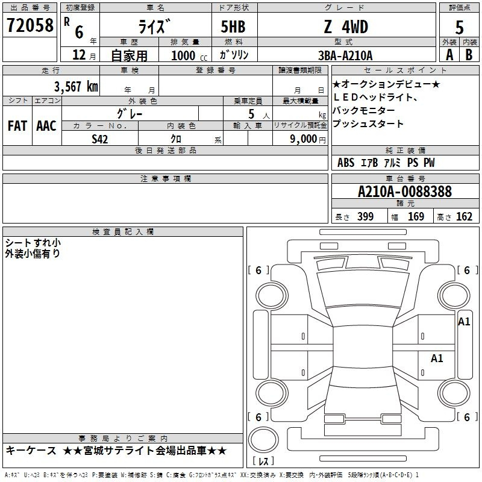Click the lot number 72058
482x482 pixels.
(30, 25)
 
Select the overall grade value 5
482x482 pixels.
(459, 27)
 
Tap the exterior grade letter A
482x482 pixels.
(449, 55)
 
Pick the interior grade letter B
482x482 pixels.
(469, 55)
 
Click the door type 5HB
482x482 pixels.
(233, 27)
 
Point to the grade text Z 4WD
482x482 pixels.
(346, 27)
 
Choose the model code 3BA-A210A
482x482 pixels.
(345, 55)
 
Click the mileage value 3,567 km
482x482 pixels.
(76, 86)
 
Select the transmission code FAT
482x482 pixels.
(17, 126)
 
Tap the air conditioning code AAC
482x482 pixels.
(46, 126)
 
